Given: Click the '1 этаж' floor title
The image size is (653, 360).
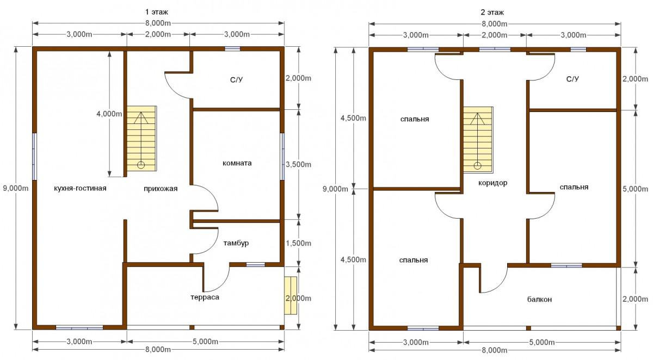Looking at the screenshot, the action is [x=157, y=12].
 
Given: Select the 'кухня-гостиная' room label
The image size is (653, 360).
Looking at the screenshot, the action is [x=80, y=188].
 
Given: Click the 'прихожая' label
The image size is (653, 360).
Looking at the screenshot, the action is [x=161, y=189].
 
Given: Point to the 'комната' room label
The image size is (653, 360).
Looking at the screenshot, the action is [x=237, y=163].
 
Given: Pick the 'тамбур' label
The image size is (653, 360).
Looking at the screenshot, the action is [x=236, y=243].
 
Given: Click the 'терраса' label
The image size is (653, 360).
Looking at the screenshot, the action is [x=205, y=297].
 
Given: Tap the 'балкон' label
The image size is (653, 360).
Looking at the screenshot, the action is [x=540, y=300].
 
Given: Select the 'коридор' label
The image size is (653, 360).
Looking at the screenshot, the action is [x=493, y=183].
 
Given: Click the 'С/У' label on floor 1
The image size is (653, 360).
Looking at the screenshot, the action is [x=236, y=79].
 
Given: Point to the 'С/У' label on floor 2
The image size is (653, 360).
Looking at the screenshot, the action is [x=572, y=79].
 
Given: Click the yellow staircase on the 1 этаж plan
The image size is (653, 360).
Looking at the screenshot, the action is [x=141, y=138].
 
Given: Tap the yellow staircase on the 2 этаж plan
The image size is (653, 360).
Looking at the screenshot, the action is [x=478, y=139].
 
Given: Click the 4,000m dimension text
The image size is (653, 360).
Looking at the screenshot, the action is [x=109, y=114].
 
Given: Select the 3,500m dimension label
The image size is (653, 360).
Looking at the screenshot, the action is [x=299, y=165].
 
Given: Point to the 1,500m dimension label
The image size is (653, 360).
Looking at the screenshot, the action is [x=299, y=243].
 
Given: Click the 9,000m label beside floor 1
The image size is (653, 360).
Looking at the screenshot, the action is [x=16, y=188].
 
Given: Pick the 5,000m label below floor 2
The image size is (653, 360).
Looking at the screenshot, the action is [x=542, y=343].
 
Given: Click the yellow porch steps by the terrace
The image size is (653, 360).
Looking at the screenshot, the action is [x=291, y=295].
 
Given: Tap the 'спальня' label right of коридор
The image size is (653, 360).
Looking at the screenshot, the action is [x=574, y=187].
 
